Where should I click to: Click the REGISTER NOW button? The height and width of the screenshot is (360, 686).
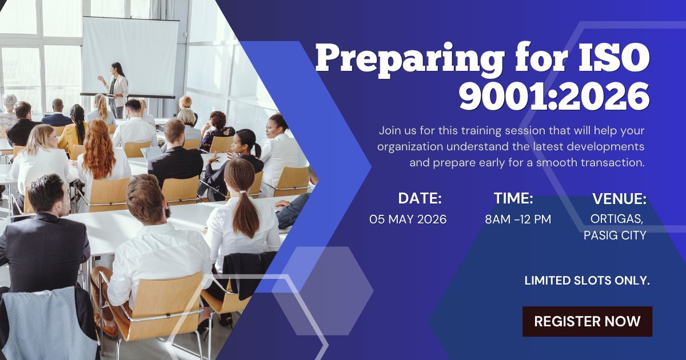(x=587, y=321)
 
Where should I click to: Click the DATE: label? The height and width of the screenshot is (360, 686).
(x=420, y=199)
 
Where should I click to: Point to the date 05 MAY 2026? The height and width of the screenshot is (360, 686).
(x=408, y=219)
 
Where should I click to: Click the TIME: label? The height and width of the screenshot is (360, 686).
(x=513, y=199)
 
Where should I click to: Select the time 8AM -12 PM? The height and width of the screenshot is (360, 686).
(x=518, y=219)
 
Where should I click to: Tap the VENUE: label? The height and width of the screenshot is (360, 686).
(x=619, y=199)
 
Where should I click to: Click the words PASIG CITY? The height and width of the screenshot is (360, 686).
(x=615, y=235)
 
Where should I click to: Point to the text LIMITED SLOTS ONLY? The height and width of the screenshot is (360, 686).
(x=587, y=281)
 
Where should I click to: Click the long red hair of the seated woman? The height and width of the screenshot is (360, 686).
(x=98, y=150)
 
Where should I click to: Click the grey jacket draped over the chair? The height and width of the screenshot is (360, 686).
(x=49, y=323)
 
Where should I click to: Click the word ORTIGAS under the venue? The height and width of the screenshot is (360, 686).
(x=619, y=219)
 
